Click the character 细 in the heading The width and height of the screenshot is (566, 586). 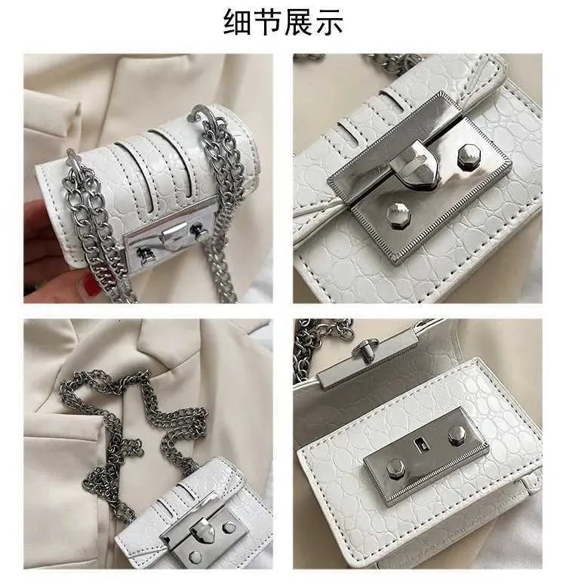tap(238, 22)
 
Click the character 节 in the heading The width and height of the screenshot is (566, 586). tap(268, 22)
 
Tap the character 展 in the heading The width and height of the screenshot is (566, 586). tap(298, 22)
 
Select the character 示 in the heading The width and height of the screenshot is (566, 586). tap(328, 22)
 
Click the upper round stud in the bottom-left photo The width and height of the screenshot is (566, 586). tap(228, 528)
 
